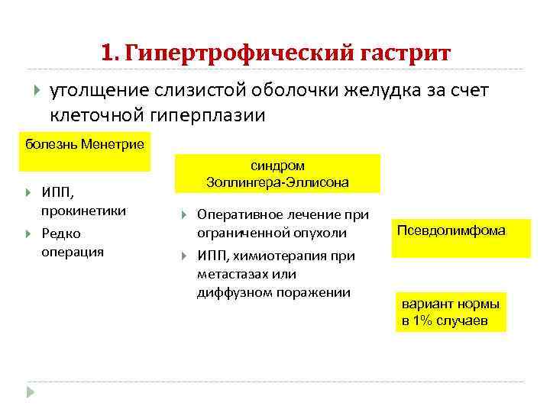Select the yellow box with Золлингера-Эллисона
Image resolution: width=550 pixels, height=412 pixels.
click(278, 175)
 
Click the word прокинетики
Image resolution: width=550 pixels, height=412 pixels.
click(84, 211)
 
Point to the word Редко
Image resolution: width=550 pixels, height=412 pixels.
click(61, 233)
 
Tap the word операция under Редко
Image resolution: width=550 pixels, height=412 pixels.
click(72, 251)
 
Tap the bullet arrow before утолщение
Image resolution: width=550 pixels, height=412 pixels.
click(35, 92)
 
